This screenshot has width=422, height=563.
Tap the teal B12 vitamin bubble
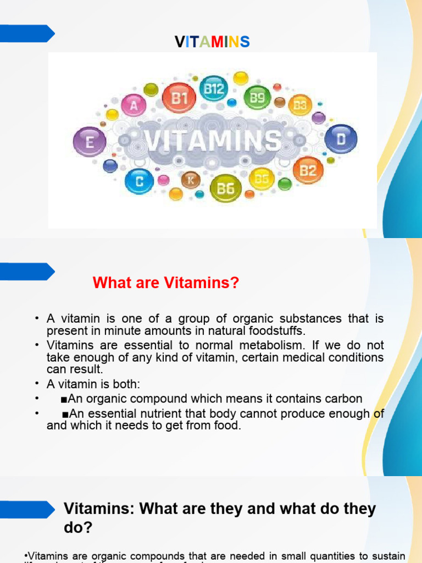click(213, 89)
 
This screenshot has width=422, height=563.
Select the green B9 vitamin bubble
click(257, 98)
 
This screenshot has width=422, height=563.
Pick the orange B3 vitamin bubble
click(299, 105)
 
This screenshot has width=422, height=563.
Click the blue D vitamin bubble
click(341, 139)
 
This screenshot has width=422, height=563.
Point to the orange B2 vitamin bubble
click(308, 170)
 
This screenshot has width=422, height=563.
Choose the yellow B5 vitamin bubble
click(262, 178)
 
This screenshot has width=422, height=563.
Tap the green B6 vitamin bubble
click(225, 189)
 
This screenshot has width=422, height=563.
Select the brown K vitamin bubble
click(191, 180)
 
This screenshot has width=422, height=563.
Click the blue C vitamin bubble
click(140, 181)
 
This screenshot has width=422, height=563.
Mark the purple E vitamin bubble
click(88, 142)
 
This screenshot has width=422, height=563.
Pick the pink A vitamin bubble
click(133, 106)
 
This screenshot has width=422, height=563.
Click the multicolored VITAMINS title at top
click(212, 42)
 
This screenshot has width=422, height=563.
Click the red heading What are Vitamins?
click(166, 283)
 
